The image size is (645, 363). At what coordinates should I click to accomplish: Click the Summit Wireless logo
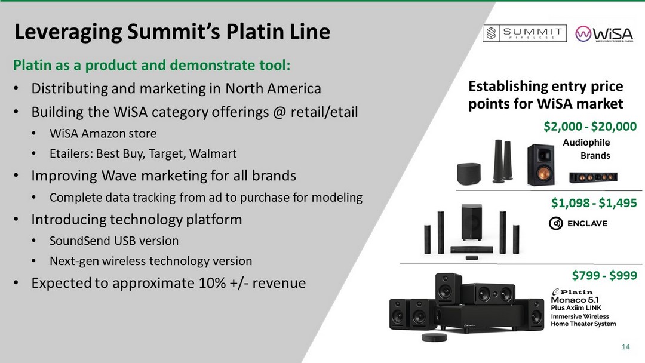(524, 33)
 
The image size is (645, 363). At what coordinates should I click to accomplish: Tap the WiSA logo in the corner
(604, 34)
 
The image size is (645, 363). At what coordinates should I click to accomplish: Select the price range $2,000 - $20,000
(590, 126)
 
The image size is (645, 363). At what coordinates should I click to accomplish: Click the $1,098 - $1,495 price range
(594, 202)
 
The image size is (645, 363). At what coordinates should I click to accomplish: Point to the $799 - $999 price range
(604, 275)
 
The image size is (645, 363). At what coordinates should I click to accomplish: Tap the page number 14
(626, 347)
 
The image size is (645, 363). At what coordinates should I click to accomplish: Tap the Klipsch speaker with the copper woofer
(541, 164)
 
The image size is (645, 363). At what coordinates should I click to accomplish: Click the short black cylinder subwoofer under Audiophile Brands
(469, 174)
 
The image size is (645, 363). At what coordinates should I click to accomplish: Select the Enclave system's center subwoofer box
(471, 222)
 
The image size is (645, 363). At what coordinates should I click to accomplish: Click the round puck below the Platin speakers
(434, 337)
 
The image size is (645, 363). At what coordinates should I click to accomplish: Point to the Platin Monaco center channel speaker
(489, 294)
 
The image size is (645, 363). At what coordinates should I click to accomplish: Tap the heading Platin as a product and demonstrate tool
(152, 65)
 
